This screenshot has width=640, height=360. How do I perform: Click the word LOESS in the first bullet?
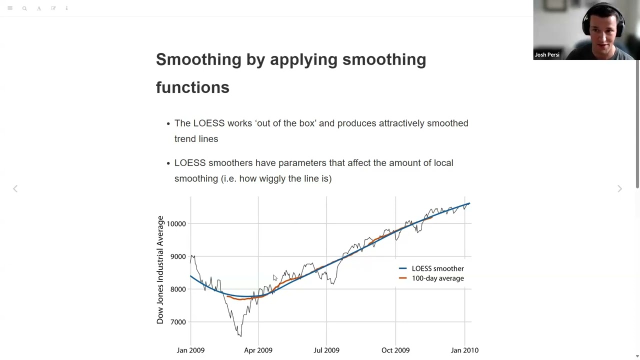(209, 123)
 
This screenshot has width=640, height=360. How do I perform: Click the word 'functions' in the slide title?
(192, 87)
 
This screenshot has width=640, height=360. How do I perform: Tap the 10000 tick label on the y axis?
(176, 224)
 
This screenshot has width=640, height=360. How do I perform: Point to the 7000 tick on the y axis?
(178, 322)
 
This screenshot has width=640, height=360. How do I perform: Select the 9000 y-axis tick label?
(178, 257)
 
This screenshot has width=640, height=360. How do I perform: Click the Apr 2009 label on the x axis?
(258, 350)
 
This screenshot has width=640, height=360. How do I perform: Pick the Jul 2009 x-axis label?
(326, 350)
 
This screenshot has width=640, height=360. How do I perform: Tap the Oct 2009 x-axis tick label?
(395, 350)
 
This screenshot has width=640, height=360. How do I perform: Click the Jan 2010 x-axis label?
(464, 350)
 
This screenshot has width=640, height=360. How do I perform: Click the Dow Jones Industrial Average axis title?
(160, 270)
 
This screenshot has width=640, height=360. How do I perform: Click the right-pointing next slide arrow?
(619, 188)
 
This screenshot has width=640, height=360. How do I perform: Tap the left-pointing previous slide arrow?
(15, 188)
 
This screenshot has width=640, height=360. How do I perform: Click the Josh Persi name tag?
(547, 55)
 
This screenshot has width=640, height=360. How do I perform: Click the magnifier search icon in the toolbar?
(24, 8)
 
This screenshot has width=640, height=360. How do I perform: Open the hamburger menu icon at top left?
(10, 8)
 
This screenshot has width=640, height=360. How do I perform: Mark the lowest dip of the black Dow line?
(240, 336)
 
